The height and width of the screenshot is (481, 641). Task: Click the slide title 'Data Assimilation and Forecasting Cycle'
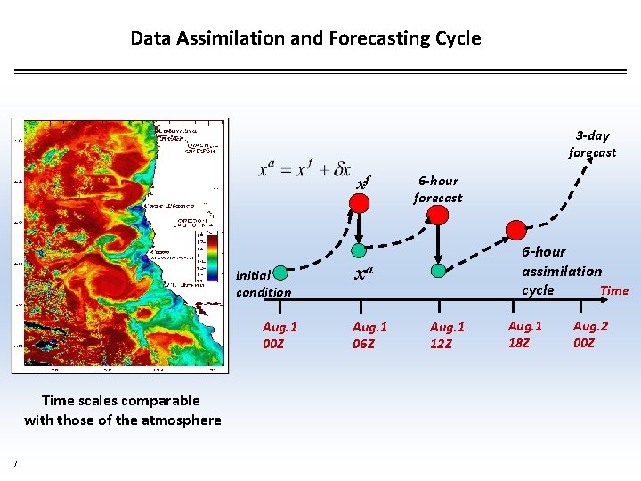point(305,38)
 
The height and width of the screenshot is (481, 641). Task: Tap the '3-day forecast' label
point(592,144)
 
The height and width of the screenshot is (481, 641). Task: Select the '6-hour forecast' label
point(438,189)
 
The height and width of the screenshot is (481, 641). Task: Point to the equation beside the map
point(304,168)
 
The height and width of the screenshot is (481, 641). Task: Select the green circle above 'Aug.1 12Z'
point(438,270)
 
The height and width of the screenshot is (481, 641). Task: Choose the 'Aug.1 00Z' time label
point(280,335)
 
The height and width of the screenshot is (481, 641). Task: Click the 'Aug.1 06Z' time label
point(369,335)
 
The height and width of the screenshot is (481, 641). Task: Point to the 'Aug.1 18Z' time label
point(525,335)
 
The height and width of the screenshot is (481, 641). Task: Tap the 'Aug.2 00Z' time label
point(590,335)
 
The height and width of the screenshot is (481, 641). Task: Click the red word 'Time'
point(614,290)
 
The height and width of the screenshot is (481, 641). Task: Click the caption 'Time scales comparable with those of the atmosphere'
point(123,410)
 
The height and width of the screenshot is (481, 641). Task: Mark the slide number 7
point(15,461)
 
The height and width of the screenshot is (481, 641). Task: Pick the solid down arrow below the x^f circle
point(359,228)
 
